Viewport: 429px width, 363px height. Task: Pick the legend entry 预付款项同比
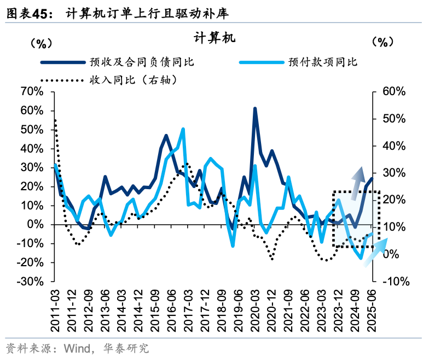tap(322, 62)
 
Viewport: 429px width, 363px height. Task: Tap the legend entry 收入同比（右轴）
tap(135, 80)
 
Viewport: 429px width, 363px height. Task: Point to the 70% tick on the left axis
tap(31, 91)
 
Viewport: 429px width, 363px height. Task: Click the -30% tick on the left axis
tap(30, 282)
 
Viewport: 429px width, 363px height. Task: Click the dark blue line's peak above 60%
tap(255, 109)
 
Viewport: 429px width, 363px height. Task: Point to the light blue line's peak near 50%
tap(183, 130)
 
